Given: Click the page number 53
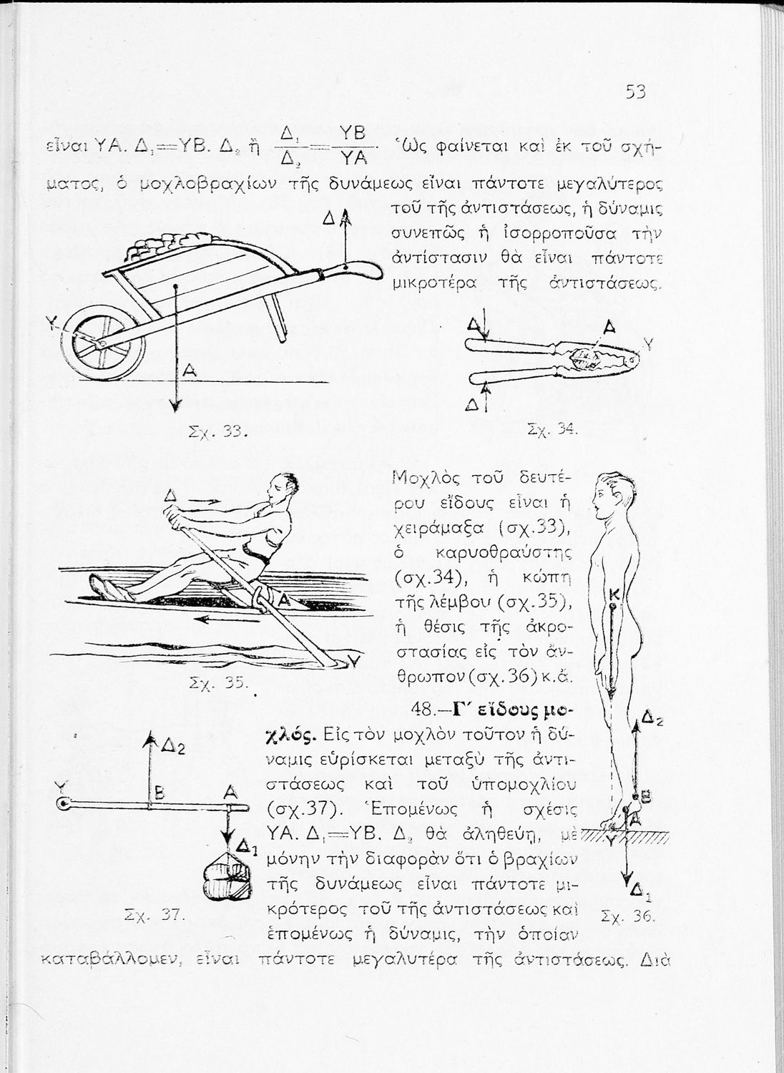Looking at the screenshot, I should (x=635, y=93).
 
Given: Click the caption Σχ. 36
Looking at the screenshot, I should (x=627, y=915).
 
